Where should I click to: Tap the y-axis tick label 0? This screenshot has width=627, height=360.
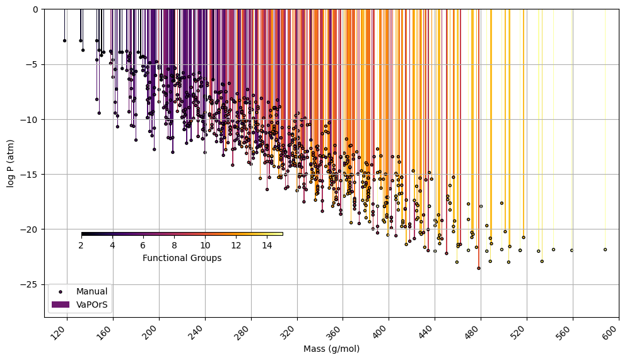35,9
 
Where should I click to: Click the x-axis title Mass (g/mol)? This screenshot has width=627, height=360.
331,349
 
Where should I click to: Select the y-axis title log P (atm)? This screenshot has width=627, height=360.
11,163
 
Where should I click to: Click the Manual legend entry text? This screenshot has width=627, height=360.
91,292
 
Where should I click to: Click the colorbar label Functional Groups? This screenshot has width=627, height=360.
182,258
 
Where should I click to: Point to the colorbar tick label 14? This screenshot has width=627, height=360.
267,245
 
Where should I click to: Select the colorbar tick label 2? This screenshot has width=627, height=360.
81,245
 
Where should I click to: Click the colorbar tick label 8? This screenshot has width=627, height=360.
174,245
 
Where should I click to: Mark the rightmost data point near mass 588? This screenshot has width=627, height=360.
605,250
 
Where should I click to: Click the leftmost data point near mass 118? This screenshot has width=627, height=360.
64,40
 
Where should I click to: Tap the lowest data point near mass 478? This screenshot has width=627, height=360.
479,268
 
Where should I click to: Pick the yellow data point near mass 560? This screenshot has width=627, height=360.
572,250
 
